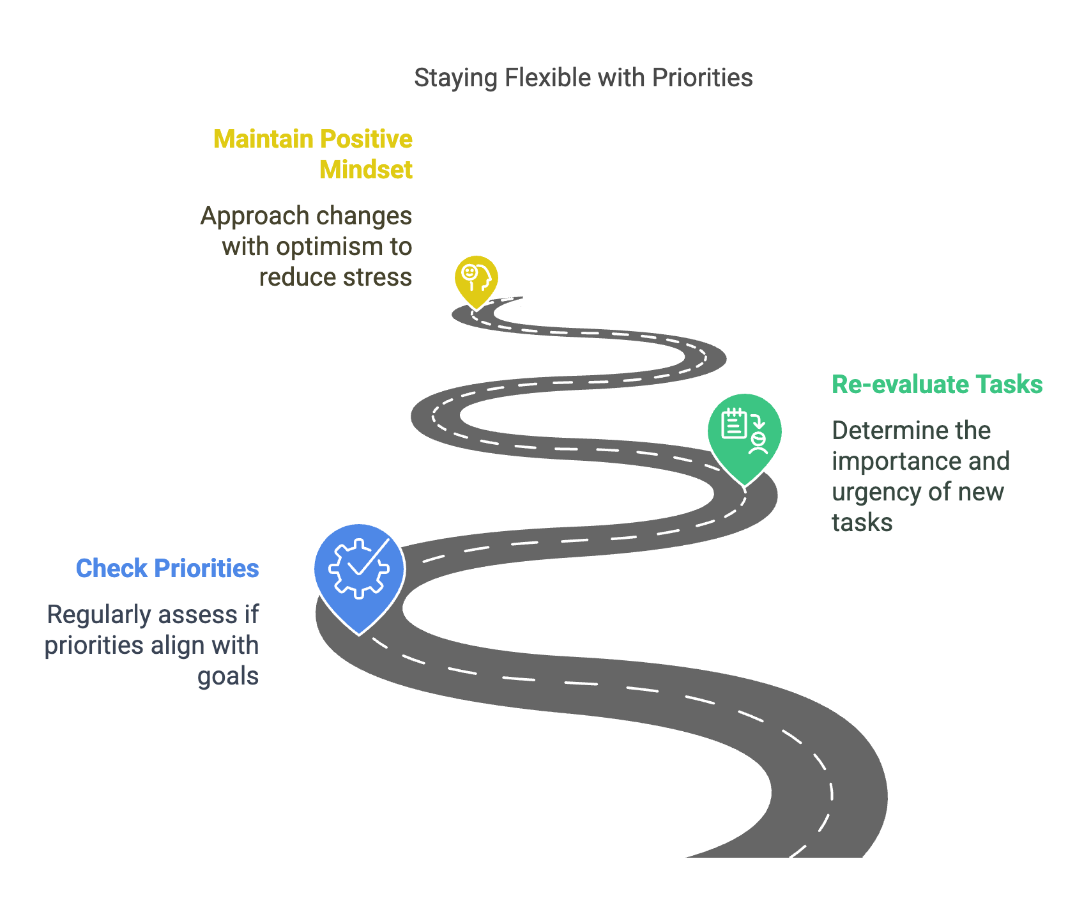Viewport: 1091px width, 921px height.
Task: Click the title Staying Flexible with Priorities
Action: (583, 78)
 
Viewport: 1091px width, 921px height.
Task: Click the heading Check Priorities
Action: (167, 568)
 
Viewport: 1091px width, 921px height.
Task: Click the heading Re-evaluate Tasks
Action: (937, 385)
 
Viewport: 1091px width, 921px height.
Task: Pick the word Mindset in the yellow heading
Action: (366, 170)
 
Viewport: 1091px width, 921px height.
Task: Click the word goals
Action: (228, 676)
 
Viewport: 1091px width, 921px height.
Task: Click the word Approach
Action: (254, 216)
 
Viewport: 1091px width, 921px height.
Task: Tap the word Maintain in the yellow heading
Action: (263, 139)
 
